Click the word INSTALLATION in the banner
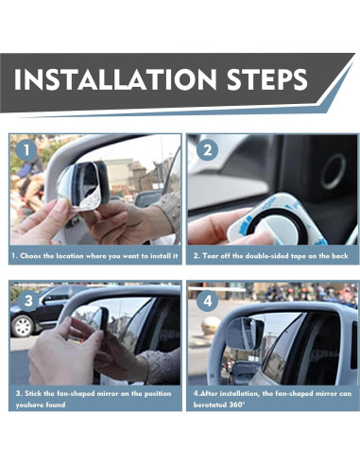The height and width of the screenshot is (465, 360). click(x=115, y=78)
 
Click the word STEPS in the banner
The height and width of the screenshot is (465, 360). click(x=266, y=78)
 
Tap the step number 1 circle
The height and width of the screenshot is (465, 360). click(x=26, y=150)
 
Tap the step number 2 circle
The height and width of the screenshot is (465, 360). click(x=207, y=150)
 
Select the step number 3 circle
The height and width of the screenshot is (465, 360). click(x=28, y=301)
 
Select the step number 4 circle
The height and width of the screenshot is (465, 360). click(x=208, y=301)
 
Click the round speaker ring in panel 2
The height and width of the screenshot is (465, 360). click(x=334, y=172)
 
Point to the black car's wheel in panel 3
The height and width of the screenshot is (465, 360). click(x=23, y=326)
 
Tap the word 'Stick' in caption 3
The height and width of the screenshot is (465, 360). click(x=33, y=393)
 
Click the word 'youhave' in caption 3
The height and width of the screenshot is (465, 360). click(x=28, y=405)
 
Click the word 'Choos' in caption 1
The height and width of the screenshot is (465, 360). click(x=30, y=256)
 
